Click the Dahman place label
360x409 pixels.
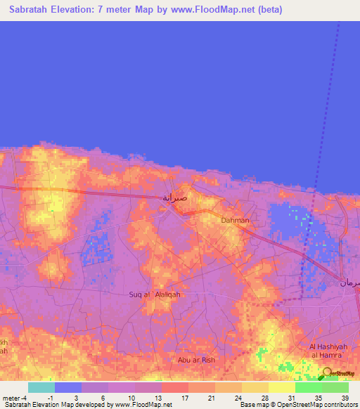click(235, 221)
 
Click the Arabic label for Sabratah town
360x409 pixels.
click(175, 197)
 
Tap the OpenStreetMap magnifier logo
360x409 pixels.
click(327, 374)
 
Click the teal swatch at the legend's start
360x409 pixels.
click(41, 387)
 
